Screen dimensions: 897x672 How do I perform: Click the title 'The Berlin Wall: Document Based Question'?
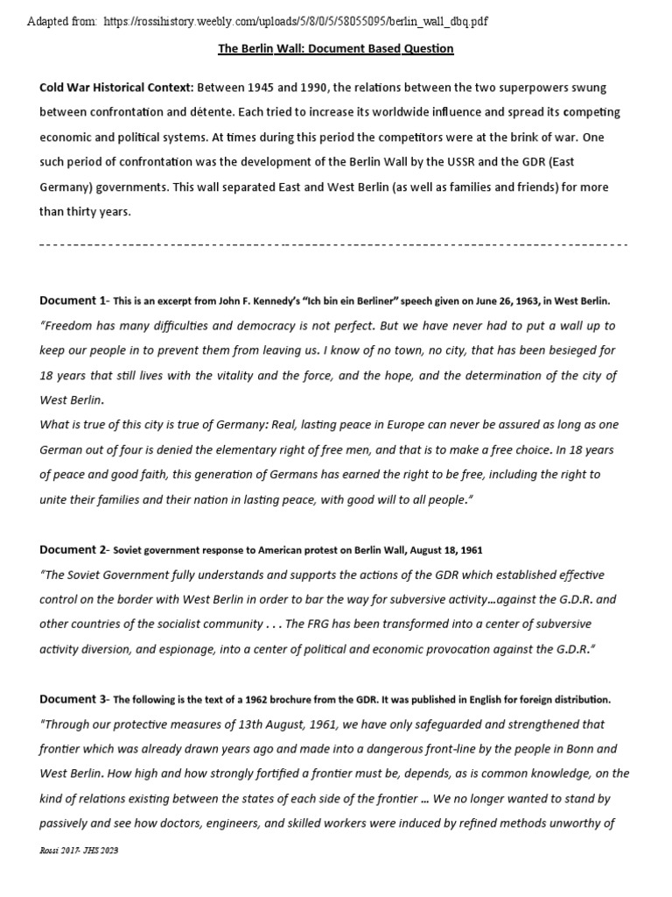[335, 48]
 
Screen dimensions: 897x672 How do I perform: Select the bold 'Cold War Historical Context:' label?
[116, 88]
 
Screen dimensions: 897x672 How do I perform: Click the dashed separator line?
[335, 245]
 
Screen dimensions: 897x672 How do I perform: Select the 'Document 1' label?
[72, 300]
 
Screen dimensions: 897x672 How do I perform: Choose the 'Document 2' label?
[72, 549]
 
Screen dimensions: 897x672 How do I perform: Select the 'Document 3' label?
[72, 699]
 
